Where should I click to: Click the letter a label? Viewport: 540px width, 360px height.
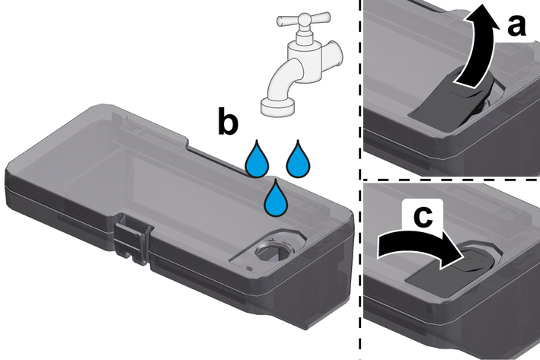516,27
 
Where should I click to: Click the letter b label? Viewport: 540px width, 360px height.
228,120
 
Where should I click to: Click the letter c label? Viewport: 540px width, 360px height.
423,217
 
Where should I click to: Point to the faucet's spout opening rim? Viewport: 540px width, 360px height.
278,106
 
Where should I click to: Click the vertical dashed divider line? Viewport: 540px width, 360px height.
360,180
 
